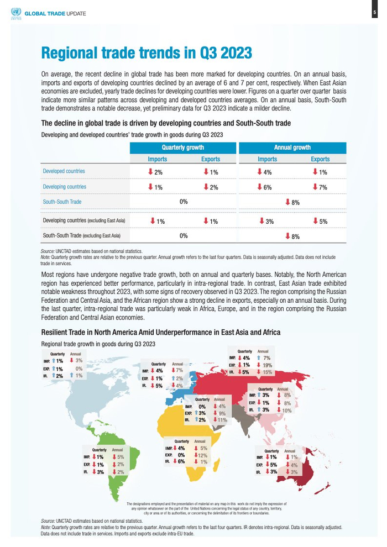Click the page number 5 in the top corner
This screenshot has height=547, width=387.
point(374,12)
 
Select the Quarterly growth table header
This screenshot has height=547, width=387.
point(182,148)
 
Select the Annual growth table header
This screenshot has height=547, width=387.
point(292,148)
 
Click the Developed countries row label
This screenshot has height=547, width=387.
point(64,171)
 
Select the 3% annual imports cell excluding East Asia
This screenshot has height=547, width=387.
point(266,221)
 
